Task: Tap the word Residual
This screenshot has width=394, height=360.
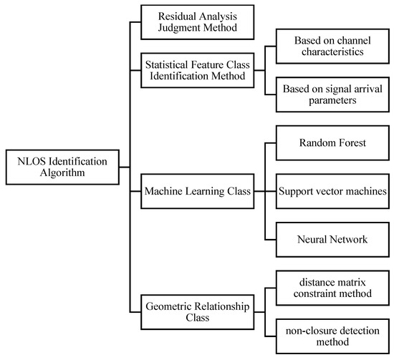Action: pos(170,16)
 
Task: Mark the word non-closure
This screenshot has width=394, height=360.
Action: pos(311,330)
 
